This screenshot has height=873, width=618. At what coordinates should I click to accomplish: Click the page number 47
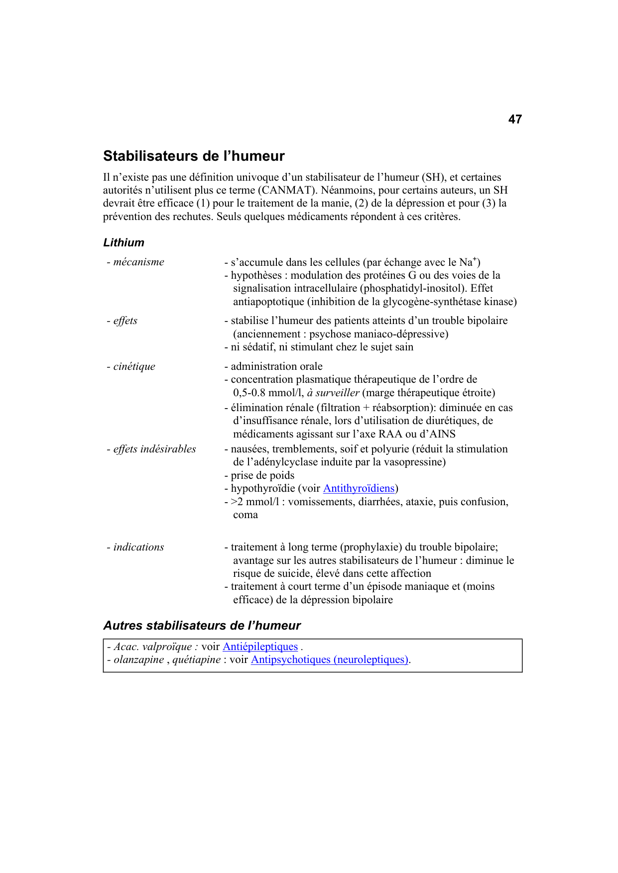(515, 119)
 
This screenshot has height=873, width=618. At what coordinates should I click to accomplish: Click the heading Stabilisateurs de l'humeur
(194, 156)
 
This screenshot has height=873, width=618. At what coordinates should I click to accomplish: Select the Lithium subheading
(124, 242)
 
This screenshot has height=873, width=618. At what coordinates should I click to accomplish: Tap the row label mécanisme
(138, 262)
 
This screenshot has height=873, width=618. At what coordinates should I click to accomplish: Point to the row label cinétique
(133, 366)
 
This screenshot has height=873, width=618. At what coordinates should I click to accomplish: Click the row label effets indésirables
(154, 449)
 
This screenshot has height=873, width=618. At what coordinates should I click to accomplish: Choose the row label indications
(138, 547)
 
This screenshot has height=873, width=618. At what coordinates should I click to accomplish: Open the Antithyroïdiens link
(359, 488)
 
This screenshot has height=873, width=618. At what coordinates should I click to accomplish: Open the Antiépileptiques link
(260, 647)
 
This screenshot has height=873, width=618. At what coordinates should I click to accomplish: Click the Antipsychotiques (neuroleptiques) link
(329, 659)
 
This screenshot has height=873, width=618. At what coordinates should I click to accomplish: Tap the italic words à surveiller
(333, 393)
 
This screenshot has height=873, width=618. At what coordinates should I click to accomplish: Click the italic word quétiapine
(197, 659)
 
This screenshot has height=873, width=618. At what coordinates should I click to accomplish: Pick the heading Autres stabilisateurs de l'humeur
(202, 626)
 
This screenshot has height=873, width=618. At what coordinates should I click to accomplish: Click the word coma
(246, 515)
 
